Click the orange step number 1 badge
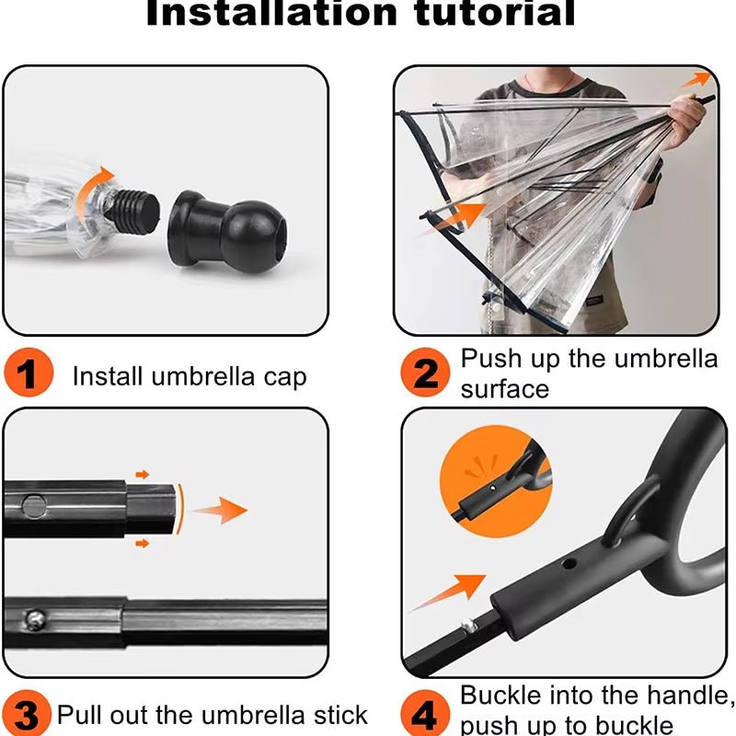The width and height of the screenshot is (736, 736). pyautogui.click(x=29, y=374)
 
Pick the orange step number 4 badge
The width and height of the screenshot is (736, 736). pyautogui.click(x=424, y=714)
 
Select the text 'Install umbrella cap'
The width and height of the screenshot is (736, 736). pyautogui.click(x=189, y=376)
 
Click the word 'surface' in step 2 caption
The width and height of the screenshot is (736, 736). pyautogui.click(x=504, y=388)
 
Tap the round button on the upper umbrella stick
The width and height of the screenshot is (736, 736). pyautogui.click(x=35, y=503)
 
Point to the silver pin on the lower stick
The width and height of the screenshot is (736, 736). pyautogui.click(x=34, y=616)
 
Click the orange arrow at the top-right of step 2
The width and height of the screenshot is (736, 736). pyautogui.click(x=701, y=79)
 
